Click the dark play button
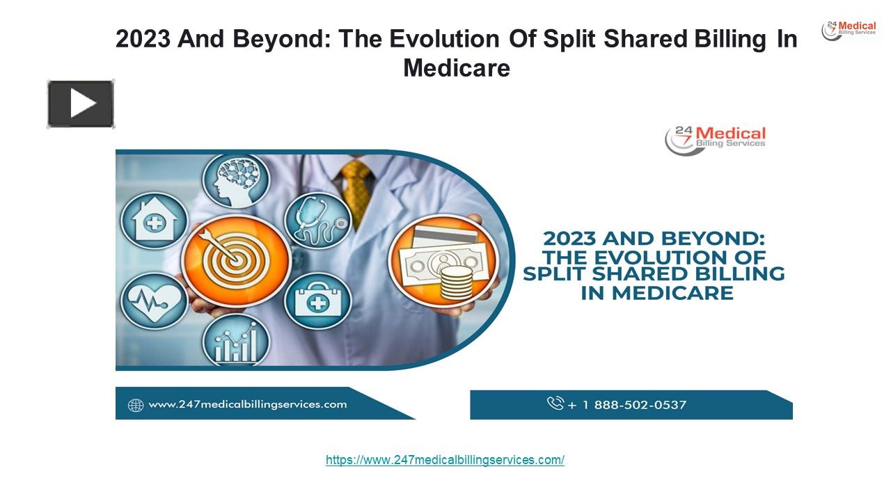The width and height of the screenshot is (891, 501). pyautogui.click(x=81, y=104)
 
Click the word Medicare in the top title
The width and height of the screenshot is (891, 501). pyautogui.click(x=456, y=68)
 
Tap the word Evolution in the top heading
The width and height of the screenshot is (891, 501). pyautogui.click(x=444, y=39)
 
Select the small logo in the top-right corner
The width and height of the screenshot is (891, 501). pyautogui.click(x=849, y=31)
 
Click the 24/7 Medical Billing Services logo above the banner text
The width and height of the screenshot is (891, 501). pyautogui.click(x=715, y=140)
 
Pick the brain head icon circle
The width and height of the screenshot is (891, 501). pyautogui.click(x=236, y=181)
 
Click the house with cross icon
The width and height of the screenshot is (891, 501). pyautogui.click(x=155, y=221)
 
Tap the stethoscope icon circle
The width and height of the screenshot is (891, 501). pyautogui.click(x=318, y=221)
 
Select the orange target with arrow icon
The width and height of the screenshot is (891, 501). pyautogui.click(x=236, y=260)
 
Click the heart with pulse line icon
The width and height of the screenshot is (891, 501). pyautogui.click(x=155, y=301)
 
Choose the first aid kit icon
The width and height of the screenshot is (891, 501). pyautogui.click(x=318, y=301)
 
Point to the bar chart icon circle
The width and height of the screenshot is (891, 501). pyautogui.click(x=236, y=340)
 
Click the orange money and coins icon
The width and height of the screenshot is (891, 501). pyautogui.click(x=443, y=260)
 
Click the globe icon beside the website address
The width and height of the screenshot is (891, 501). pyautogui.click(x=136, y=405)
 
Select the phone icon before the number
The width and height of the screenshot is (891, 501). pyautogui.click(x=555, y=403)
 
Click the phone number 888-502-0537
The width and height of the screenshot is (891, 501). pyautogui.click(x=640, y=405)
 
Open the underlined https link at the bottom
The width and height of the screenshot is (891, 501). pyautogui.click(x=445, y=460)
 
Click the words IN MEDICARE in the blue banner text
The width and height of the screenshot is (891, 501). pyautogui.click(x=657, y=293)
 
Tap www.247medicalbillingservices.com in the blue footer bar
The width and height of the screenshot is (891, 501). pyautogui.click(x=247, y=404)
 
